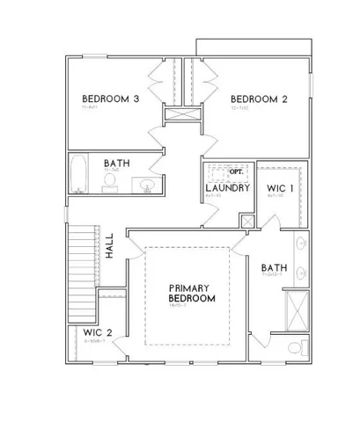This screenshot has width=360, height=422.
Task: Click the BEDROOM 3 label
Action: (x=111, y=98)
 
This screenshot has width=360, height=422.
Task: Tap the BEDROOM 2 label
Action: (x=259, y=98)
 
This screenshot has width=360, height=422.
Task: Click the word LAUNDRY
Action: (x=224, y=188)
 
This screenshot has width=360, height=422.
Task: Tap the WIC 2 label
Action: (x=98, y=332)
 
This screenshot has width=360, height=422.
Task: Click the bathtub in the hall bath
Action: (x=78, y=173)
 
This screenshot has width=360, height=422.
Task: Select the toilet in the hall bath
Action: (x=110, y=182)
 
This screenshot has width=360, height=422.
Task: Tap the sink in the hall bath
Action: (x=147, y=185)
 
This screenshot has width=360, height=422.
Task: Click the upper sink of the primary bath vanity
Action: (x=302, y=244)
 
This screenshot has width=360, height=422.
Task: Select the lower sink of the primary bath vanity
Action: (x=302, y=272)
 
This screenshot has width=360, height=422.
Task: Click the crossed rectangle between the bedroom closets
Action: (x=180, y=113)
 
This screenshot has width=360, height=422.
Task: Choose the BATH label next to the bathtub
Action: (x=118, y=164)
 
